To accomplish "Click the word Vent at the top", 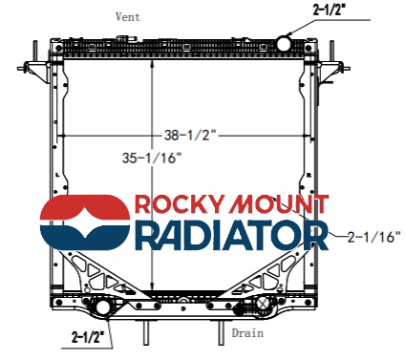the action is click(x=128, y=16).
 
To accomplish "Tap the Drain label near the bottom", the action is click(x=247, y=333).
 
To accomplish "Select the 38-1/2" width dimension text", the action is click(x=190, y=136).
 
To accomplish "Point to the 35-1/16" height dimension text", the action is click(x=152, y=158).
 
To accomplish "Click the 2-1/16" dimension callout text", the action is click(x=374, y=237).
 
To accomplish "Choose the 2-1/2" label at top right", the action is click(x=333, y=11).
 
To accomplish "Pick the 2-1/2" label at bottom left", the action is click(x=89, y=337).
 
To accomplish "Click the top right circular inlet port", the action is click(x=284, y=43).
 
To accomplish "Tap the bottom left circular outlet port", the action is click(x=102, y=307).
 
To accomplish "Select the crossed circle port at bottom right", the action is click(x=263, y=303).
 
